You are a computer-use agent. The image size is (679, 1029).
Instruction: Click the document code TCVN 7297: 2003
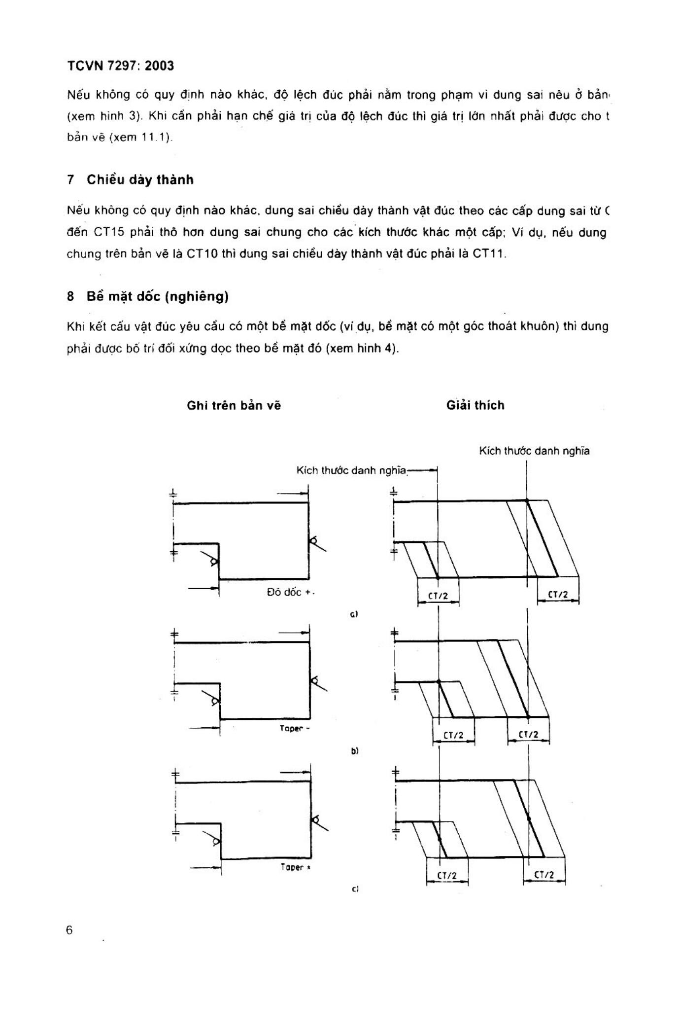tap(120, 66)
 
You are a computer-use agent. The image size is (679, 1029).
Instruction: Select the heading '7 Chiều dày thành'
tap(131, 179)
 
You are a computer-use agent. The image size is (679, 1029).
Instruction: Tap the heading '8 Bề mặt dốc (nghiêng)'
tap(148, 296)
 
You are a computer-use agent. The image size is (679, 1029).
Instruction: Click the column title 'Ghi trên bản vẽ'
tap(234, 405)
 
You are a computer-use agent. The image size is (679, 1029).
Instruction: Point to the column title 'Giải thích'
tap(475, 405)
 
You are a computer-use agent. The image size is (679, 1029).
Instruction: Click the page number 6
tap(69, 930)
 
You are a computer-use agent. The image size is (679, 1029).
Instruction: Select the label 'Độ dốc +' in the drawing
tap(290, 592)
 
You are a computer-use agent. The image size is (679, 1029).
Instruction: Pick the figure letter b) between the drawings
tap(354, 751)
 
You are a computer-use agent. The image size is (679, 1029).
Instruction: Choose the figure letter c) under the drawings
tap(355, 889)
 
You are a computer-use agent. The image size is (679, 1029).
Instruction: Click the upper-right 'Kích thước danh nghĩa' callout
tap(534, 451)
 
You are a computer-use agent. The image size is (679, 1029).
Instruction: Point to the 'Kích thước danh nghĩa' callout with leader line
tap(352, 470)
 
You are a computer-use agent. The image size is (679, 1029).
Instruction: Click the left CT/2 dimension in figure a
tap(438, 596)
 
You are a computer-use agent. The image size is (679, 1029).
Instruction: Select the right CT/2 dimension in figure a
tap(558, 595)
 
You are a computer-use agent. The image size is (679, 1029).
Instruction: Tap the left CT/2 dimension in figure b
tap(453, 735)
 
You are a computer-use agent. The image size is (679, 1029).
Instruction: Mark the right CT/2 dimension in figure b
tap(528, 735)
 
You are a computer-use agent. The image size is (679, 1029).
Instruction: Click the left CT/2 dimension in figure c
tap(447, 876)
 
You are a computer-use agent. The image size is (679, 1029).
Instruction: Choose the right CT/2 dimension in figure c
tap(544, 875)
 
